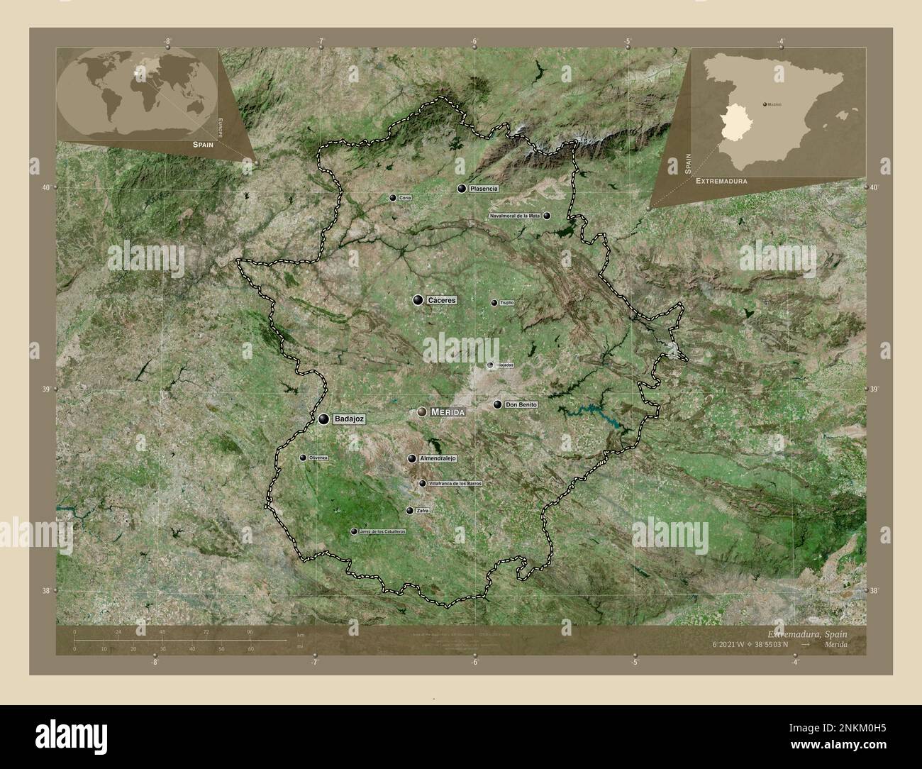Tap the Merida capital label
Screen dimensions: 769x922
click(448, 411)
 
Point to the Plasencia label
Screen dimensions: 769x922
click(484, 189)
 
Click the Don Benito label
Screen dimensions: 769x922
click(521, 404)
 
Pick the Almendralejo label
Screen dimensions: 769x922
click(438, 458)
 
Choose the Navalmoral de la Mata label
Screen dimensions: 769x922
click(515, 215)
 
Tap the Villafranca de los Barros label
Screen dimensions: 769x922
click(456, 483)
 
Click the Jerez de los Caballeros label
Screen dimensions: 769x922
click(382, 531)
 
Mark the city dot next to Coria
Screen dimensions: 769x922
click(392, 198)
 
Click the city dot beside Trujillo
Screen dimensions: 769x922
click(494, 303)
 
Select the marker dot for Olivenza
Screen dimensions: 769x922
click(303, 458)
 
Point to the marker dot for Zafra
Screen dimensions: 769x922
click(409, 510)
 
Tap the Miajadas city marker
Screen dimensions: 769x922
click(490, 365)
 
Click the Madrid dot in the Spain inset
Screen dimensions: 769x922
click(765, 104)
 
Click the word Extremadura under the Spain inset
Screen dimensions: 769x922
click(721, 182)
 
